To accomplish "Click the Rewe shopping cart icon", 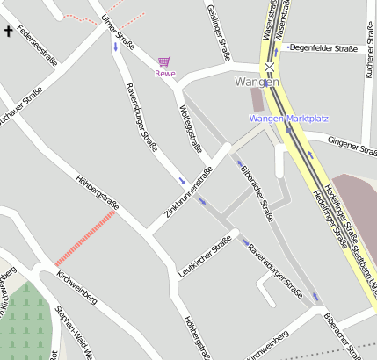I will (163, 61).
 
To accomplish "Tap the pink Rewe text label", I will (165, 73).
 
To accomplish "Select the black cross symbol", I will (10, 32).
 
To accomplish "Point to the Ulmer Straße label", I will (118, 32).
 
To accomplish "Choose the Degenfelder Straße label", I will (323, 47).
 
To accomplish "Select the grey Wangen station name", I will (257, 82).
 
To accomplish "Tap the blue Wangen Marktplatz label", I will (289, 118).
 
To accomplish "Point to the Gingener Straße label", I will (352, 144).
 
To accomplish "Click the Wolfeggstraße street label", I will (191, 128).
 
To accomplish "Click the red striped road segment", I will (85, 238).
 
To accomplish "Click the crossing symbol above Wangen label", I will (271, 66).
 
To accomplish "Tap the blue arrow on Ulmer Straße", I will (114, 46).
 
